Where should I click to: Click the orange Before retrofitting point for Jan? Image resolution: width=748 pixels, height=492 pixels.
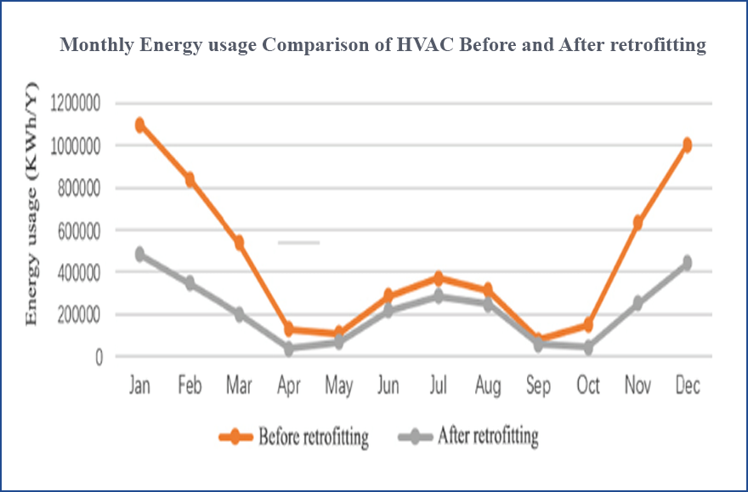[139, 125]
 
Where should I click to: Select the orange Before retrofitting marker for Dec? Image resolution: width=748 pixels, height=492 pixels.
[687, 145]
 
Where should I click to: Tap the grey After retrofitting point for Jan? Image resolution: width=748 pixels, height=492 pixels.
[139, 255]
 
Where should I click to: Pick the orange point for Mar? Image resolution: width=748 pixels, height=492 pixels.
[239, 243]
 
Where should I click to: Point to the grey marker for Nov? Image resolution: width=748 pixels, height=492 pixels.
[637, 303]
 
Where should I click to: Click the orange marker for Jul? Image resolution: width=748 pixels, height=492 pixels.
[439, 278]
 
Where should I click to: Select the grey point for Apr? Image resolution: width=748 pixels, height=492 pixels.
[289, 348]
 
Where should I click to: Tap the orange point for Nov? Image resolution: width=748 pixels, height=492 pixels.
[637, 223]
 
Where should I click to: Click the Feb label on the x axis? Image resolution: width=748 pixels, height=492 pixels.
[190, 386]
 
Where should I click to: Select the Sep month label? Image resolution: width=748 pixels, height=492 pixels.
[538, 386]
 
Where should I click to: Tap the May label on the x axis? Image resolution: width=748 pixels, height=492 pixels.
[338, 386]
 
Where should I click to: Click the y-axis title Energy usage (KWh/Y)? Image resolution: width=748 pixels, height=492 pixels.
[32, 204]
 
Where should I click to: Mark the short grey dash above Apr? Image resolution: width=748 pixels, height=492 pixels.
[298, 243]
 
